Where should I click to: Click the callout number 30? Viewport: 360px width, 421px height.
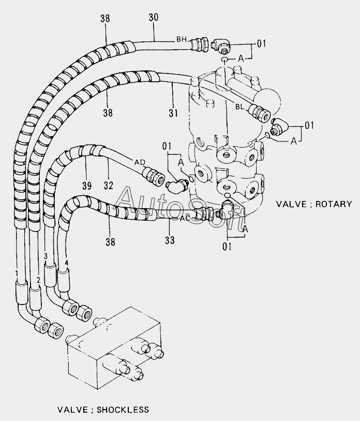(154, 17)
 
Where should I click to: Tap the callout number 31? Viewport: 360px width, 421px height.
(173, 113)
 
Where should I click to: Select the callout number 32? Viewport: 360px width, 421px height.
(109, 185)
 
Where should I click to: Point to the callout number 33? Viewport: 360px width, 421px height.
(170, 240)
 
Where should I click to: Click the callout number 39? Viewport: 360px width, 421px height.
(87, 185)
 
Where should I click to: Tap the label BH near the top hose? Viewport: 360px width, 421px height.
(182, 39)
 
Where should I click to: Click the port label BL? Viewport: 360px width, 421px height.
(240, 107)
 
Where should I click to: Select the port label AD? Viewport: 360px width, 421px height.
(140, 162)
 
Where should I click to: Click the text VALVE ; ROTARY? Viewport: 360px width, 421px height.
(314, 204)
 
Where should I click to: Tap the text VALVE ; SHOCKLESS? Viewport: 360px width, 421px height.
(103, 410)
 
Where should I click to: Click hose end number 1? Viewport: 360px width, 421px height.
(17, 273)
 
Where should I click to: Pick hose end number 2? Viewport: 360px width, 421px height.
(38, 280)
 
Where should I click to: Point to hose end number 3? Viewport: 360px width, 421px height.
(46, 256)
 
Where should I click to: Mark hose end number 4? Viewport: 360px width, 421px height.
(66, 263)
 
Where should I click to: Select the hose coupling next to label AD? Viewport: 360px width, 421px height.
(154, 176)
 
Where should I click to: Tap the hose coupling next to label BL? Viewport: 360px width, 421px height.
(259, 113)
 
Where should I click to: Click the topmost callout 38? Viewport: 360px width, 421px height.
(105, 19)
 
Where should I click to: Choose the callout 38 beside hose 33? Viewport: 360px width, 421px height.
(110, 242)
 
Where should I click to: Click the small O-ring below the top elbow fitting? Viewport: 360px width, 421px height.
(225, 59)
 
